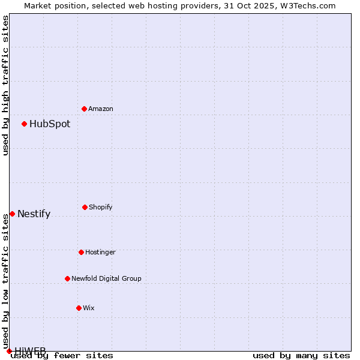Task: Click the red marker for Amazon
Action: [x=85, y=109]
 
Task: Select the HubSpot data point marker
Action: [x=25, y=124]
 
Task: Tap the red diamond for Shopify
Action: [x=85, y=207]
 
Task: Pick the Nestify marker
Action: [x=12, y=214]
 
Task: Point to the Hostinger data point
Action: [x=81, y=252]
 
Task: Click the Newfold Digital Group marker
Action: [x=67, y=278]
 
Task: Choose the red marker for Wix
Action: [x=79, y=308]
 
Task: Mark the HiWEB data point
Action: [x=9, y=351]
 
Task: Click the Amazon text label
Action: [x=101, y=109]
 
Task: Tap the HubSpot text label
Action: [x=50, y=124]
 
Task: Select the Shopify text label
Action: [x=101, y=207]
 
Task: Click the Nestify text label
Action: [x=34, y=214]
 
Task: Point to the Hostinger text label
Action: [x=100, y=252]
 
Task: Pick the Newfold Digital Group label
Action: [x=107, y=278]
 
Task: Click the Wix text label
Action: [x=89, y=308]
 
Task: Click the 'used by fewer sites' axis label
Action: [x=62, y=355]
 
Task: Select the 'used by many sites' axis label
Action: [x=301, y=355]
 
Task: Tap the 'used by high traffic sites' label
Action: [x=6, y=85]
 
